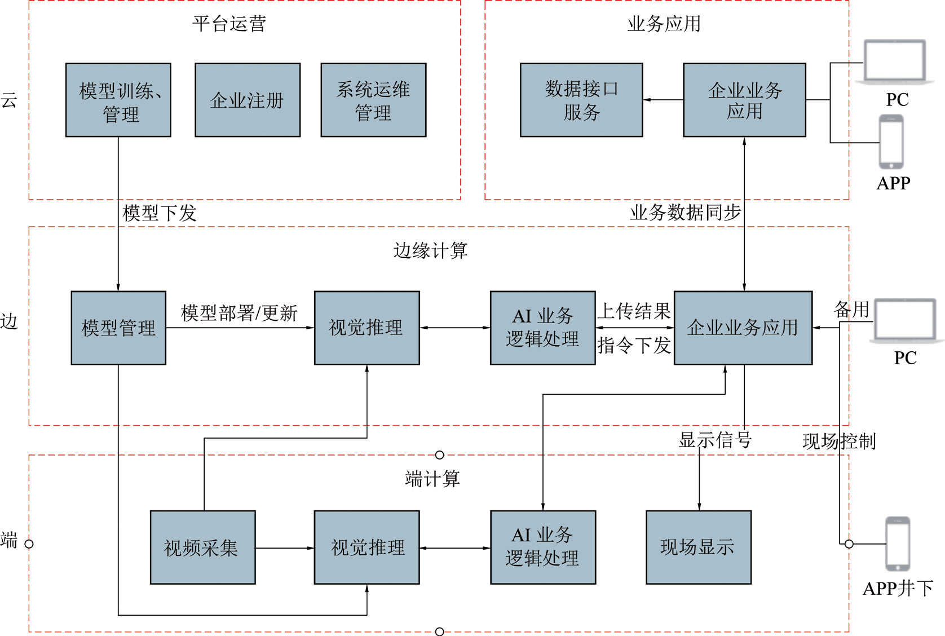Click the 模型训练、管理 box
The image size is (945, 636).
coord(118,100)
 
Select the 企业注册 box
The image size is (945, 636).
coord(248,100)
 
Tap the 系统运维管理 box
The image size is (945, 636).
coord(373,100)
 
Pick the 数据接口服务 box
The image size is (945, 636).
coord(581,100)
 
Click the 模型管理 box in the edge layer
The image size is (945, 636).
coord(118,328)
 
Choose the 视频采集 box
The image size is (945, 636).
coord(203,547)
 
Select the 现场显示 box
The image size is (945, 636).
coord(699,547)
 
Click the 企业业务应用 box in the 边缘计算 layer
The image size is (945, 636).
coord(743,328)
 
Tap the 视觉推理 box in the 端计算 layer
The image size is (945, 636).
coord(367,547)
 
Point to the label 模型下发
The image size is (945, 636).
coord(160,213)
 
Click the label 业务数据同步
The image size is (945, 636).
coord(686,212)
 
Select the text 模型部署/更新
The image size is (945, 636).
coord(239,313)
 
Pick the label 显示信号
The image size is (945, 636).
coord(715,440)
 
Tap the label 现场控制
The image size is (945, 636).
coord(839,441)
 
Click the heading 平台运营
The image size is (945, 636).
coord(229,24)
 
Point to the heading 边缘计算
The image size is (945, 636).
coord(430,250)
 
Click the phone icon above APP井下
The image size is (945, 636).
coord(898,544)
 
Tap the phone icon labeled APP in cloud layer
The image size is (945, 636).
coord(891,142)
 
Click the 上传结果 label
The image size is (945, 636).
coord(634,311)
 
